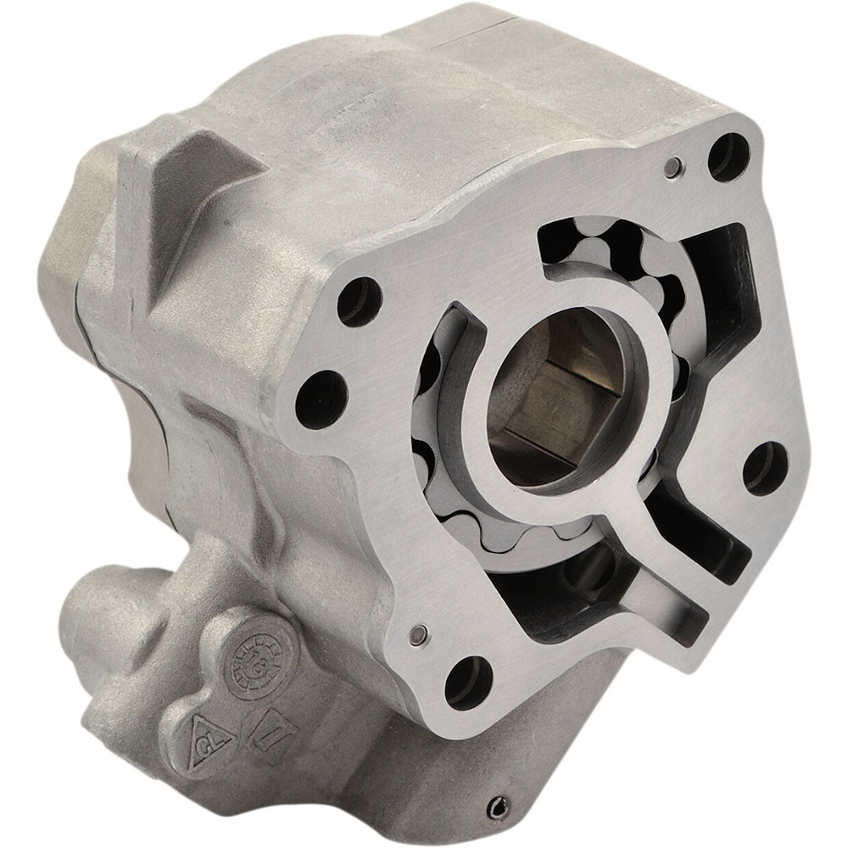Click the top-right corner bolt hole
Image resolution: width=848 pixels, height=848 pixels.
point(728,156)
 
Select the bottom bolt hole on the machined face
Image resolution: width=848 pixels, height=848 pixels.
point(468,681)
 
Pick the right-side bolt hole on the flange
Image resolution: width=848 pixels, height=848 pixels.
point(766,467)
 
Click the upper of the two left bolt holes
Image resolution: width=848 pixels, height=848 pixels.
point(360,301)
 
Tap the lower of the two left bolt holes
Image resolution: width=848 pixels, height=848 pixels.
point(322,399)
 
